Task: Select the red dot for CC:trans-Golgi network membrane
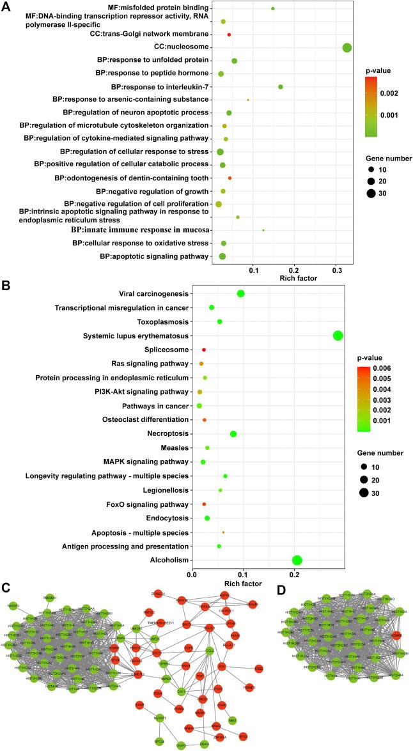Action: (x=229, y=34)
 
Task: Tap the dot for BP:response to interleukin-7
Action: (x=280, y=87)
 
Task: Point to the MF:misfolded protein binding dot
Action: (x=273, y=9)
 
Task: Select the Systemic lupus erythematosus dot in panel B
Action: (x=338, y=336)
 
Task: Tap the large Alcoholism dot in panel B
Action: (x=297, y=561)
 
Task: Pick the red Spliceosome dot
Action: (x=204, y=350)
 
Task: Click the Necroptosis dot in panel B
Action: (x=233, y=434)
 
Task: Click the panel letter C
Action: (x=6, y=587)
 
